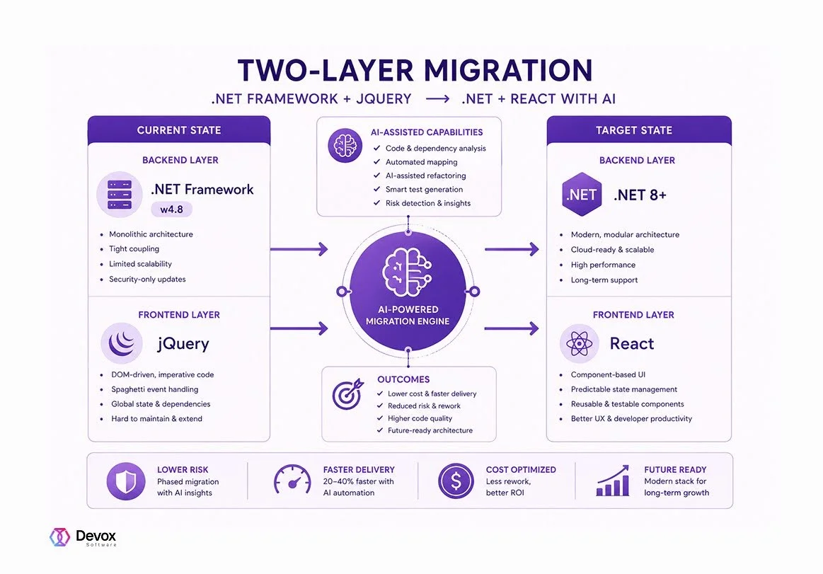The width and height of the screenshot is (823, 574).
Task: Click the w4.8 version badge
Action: [172, 209]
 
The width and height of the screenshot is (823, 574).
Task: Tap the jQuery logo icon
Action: [122, 343]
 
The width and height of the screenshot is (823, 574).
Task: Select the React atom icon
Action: [579, 344]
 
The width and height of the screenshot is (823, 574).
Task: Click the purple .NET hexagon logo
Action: [581, 195]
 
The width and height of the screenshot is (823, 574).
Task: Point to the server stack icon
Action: [120, 195]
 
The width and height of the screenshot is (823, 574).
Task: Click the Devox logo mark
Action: [60, 536]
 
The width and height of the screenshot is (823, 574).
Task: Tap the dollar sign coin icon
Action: [456, 481]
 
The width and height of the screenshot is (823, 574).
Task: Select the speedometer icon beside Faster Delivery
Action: [292, 479]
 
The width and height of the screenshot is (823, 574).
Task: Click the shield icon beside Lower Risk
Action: [126, 481]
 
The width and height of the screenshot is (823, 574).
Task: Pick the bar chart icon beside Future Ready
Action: [613, 481]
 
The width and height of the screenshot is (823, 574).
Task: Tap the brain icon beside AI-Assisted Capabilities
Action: [345, 146]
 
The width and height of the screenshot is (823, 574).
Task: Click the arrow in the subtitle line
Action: [437, 98]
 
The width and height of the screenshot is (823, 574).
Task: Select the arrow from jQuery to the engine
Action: [299, 328]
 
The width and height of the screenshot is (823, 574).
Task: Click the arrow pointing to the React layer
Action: [512, 328]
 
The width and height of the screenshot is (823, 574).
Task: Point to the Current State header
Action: [179, 130]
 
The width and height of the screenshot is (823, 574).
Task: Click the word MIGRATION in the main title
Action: [508, 71]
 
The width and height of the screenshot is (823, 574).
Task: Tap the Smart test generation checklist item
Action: [424, 190]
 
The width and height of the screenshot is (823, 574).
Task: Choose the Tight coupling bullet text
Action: [134, 249]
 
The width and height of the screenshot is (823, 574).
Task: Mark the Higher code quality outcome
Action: [420, 418]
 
